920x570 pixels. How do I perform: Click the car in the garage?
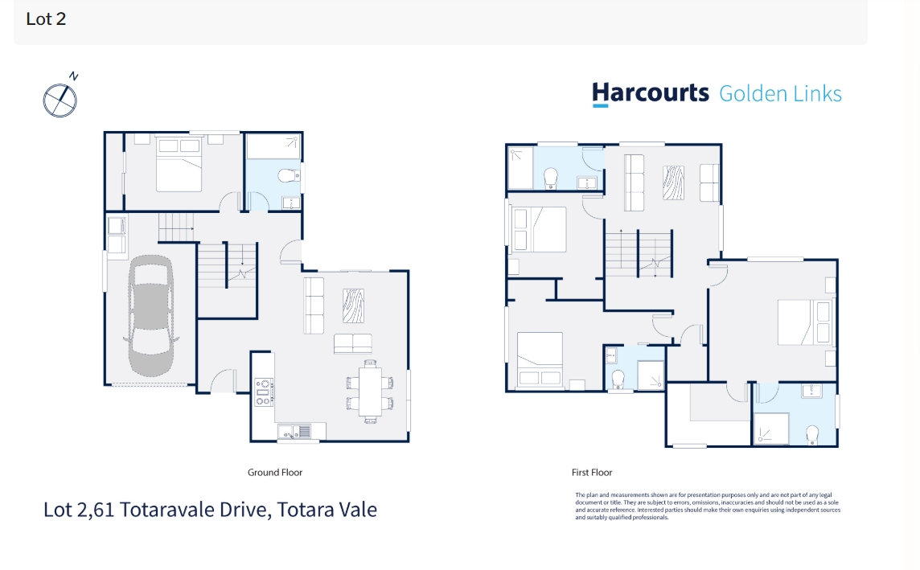click(x=151, y=315)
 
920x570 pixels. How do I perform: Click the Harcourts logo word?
click(x=650, y=94)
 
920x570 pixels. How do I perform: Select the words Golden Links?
click(x=780, y=94)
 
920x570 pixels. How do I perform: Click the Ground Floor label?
click(x=274, y=472)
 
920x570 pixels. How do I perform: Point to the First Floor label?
click(x=591, y=472)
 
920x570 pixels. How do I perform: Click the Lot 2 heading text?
click(x=46, y=18)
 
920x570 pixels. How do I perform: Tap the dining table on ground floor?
click(x=370, y=392)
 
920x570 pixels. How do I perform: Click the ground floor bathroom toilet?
click(x=288, y=175)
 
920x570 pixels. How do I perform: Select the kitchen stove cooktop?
click(x=264, y=392)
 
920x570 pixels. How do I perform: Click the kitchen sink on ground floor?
click(x=294, y=432)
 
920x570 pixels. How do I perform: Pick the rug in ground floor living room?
click(x=353, y=306)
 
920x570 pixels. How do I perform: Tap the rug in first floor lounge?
click(x=673, y=182)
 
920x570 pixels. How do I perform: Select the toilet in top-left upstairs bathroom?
click(x=550, y=178)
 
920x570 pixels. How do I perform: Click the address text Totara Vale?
click(x=327, y=510)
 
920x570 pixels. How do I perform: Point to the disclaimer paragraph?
click(x=708, y=506)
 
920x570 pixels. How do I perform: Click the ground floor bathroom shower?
click(x=273, y=146)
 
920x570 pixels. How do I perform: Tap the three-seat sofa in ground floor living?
click(x=314, y=306)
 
